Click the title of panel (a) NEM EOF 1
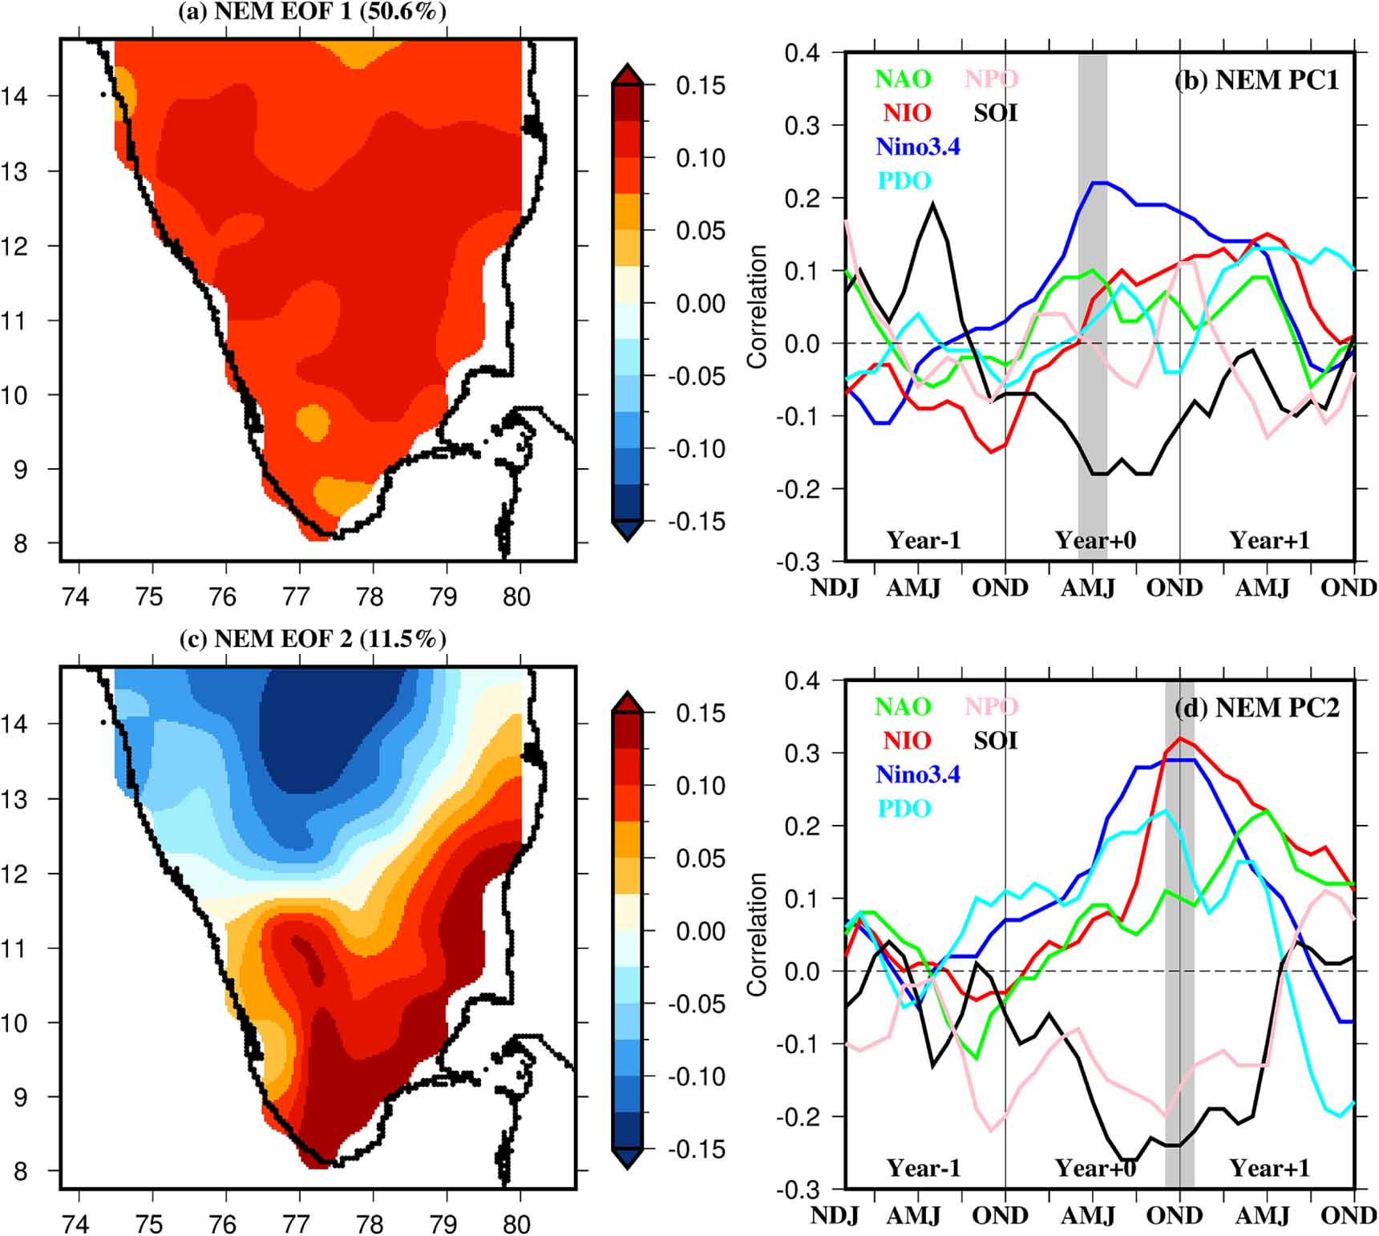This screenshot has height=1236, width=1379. point(313,12)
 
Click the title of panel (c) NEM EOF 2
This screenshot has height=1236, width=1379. point(313,639)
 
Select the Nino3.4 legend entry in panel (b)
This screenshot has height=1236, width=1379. point(917,147)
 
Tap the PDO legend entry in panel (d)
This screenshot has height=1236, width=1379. point(904,808)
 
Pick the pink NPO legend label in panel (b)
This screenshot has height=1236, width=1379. point(991,79)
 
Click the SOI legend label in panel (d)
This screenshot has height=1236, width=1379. point(995,741)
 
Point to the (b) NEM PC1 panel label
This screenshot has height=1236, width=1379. point(1256,80)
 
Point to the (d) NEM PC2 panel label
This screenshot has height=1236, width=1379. point(1256,708)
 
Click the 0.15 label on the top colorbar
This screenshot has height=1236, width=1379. point(700,86)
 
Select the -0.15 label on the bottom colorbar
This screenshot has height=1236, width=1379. point(697,1149)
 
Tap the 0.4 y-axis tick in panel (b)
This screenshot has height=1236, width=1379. point(802,54)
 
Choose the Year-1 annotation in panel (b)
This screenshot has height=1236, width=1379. point(923,540)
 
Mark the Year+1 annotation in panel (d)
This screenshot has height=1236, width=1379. point(1269,1168)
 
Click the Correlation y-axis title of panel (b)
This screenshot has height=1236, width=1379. point(757,307)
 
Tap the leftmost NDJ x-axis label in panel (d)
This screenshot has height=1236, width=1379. point(835,1215)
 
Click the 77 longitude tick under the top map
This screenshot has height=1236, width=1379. point(297,597)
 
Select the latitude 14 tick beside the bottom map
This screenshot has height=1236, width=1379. point(14,724)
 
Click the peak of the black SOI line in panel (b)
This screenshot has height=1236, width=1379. point(932,205)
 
